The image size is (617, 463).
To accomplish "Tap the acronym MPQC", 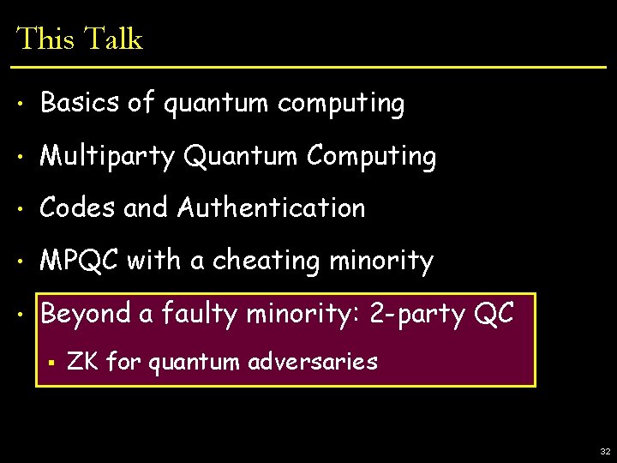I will click(x=81, y=260).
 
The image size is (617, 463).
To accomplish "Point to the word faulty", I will click(x=198, y=314).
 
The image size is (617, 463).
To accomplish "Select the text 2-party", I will click(x=416, y=314).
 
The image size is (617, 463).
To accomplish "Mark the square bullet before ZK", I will click(x=52, y=362).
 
